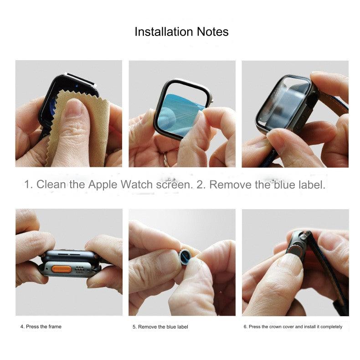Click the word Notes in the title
(x=213, y=32)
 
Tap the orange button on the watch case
(x=62, y=269)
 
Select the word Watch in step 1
(x=137, y=185)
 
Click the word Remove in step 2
(x=230, y=185)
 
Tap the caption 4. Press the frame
(x=41, y=326)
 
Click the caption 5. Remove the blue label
(x=160, y=327)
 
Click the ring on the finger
(x=166, y=159)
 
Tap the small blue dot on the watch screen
(x=77, y=86)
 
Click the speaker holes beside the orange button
(x=79, y=269)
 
